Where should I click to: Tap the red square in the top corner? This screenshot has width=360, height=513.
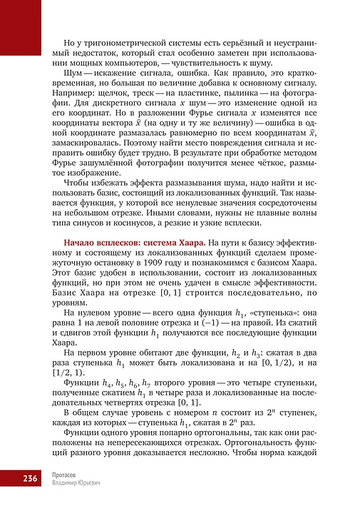21,21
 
